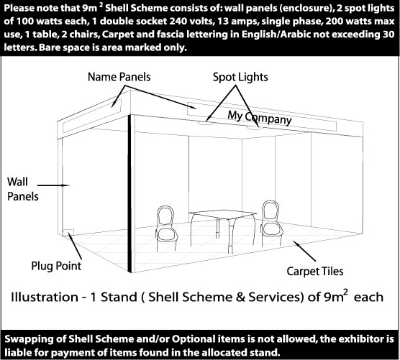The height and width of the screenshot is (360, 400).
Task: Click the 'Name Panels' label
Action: [119, 77]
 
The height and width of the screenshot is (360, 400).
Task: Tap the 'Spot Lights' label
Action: [240, 77]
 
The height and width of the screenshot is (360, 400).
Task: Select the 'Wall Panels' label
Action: [22, 189]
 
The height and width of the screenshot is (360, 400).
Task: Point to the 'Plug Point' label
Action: [56, 266]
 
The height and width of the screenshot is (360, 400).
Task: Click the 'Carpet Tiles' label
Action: [315, 272]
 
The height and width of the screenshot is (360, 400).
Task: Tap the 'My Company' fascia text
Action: [260, 118]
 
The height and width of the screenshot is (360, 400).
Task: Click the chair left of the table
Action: [166, 228]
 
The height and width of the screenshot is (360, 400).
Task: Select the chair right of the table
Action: [272, 223]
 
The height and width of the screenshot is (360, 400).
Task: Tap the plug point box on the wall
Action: [68, 232]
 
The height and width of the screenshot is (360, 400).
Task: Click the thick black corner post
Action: [129, 193]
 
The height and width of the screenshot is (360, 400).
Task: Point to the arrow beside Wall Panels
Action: [53, 185]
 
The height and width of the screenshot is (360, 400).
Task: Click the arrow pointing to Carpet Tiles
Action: [304, 251]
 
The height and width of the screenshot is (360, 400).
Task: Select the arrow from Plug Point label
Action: [76, 247]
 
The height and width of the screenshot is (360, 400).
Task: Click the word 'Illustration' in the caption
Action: [45, 297]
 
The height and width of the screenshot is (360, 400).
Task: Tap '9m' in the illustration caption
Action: [336, 296]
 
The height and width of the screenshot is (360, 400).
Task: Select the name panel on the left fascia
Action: [92, 116]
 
